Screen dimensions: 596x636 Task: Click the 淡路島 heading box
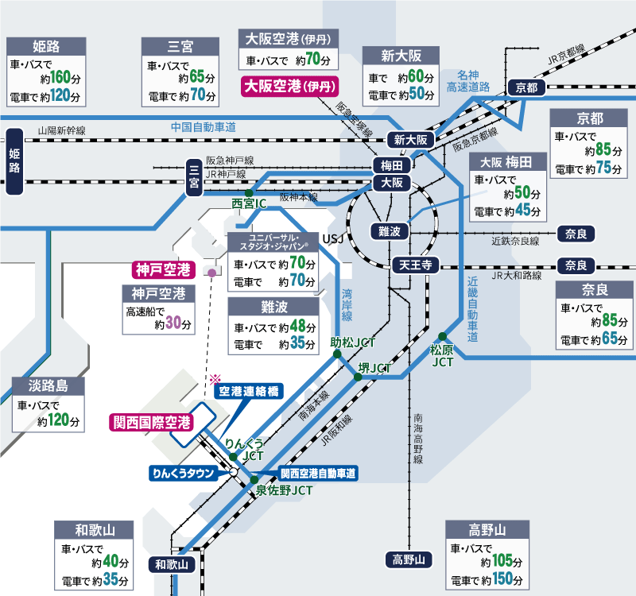click(48, 387)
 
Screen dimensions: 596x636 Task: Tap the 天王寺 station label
click(414, 265)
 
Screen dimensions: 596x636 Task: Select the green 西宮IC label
click(249, 204)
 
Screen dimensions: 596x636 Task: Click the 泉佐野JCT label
click(285, 490)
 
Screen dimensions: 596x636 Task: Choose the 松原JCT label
click(444, 354)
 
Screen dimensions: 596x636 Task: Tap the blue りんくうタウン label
click(184, 473)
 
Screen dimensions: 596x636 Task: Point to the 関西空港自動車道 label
click(319, 473)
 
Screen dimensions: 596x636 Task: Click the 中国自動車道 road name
click(204, 126)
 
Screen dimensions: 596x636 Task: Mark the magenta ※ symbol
click(214, 380)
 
